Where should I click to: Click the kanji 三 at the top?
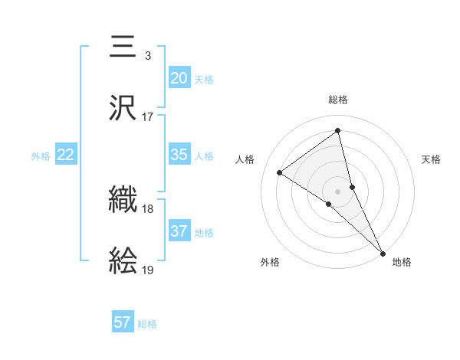[123, 47]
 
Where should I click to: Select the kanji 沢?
[123, 108]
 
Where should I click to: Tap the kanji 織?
[123, 201]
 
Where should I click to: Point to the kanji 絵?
[123, 261]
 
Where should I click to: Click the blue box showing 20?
[179, 77]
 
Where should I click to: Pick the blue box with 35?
[179, 155]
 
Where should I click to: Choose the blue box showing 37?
[179, 231]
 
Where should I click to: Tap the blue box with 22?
[66, 155]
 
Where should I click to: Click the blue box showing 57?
[122, 322]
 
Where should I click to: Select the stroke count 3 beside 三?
[147, 56]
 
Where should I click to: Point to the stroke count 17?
[147, 117]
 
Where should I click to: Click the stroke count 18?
[147, 209]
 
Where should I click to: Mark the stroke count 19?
[147, 270]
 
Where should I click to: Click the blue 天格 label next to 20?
[203, 79]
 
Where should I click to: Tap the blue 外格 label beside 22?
[41, 156]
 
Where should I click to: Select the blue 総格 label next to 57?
[147, 324]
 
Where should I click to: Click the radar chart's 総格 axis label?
[338, 100]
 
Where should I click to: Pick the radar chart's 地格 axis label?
[402, 262]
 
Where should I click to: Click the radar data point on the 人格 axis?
[279, 172]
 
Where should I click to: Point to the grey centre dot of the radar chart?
[338, 191]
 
